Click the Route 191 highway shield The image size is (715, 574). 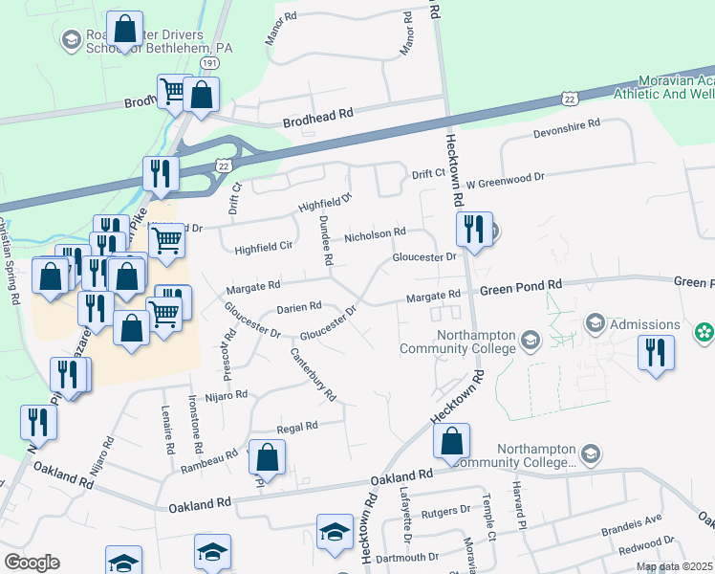click(x=209, y=61)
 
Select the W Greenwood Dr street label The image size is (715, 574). click(x=504, y=178)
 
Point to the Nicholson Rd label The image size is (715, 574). click(x=376, y=233)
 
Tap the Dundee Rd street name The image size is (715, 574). click(x=326, y=238)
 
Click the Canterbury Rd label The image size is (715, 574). click(x=314, y=374)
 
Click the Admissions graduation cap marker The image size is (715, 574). click(x=596, y=323)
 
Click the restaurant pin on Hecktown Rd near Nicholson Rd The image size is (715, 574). click(x=473, y=230)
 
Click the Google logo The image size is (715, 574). click(x=32, y=563)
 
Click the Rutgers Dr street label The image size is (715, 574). click(x=447, y=512)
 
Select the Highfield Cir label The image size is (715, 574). click(x=263, y=248)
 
